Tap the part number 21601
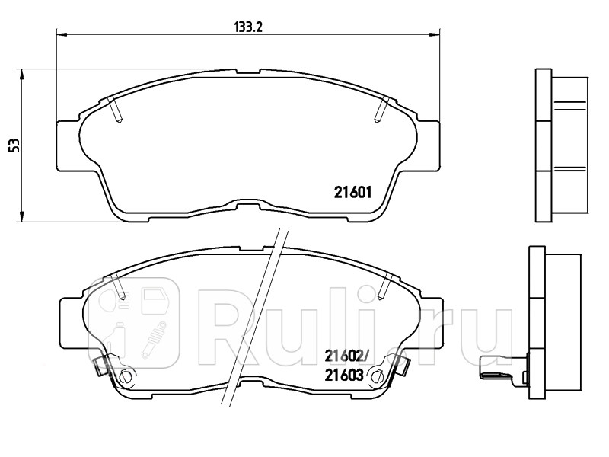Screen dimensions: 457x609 pos(352,193)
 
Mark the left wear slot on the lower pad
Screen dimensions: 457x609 pos(119,286)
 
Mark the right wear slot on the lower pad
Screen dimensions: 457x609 pos(384,286)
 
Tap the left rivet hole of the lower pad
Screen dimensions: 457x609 pos(126,375)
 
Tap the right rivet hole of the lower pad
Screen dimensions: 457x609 pos(375,375)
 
